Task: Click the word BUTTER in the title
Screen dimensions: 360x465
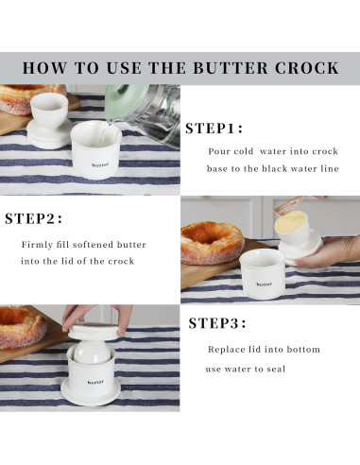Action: click(231, 68)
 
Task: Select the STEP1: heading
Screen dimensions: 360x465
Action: click(214, 129)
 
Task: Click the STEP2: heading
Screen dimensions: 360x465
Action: click(33, 218)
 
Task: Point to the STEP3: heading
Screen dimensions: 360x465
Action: click(217, 323)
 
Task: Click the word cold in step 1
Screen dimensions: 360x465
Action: click(244, 151)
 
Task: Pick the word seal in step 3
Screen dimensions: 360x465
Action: click(276, 369)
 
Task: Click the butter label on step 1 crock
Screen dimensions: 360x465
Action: click(100, 164)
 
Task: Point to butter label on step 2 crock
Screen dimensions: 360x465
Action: click(265, 284)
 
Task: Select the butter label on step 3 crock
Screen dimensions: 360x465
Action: click(95, 383)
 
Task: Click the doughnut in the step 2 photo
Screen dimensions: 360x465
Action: click(213, 242)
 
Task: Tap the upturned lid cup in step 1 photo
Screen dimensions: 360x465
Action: click(49, 120)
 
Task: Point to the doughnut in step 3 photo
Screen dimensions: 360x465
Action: click(22, 328)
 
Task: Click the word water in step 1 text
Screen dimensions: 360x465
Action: click(273, 151)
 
